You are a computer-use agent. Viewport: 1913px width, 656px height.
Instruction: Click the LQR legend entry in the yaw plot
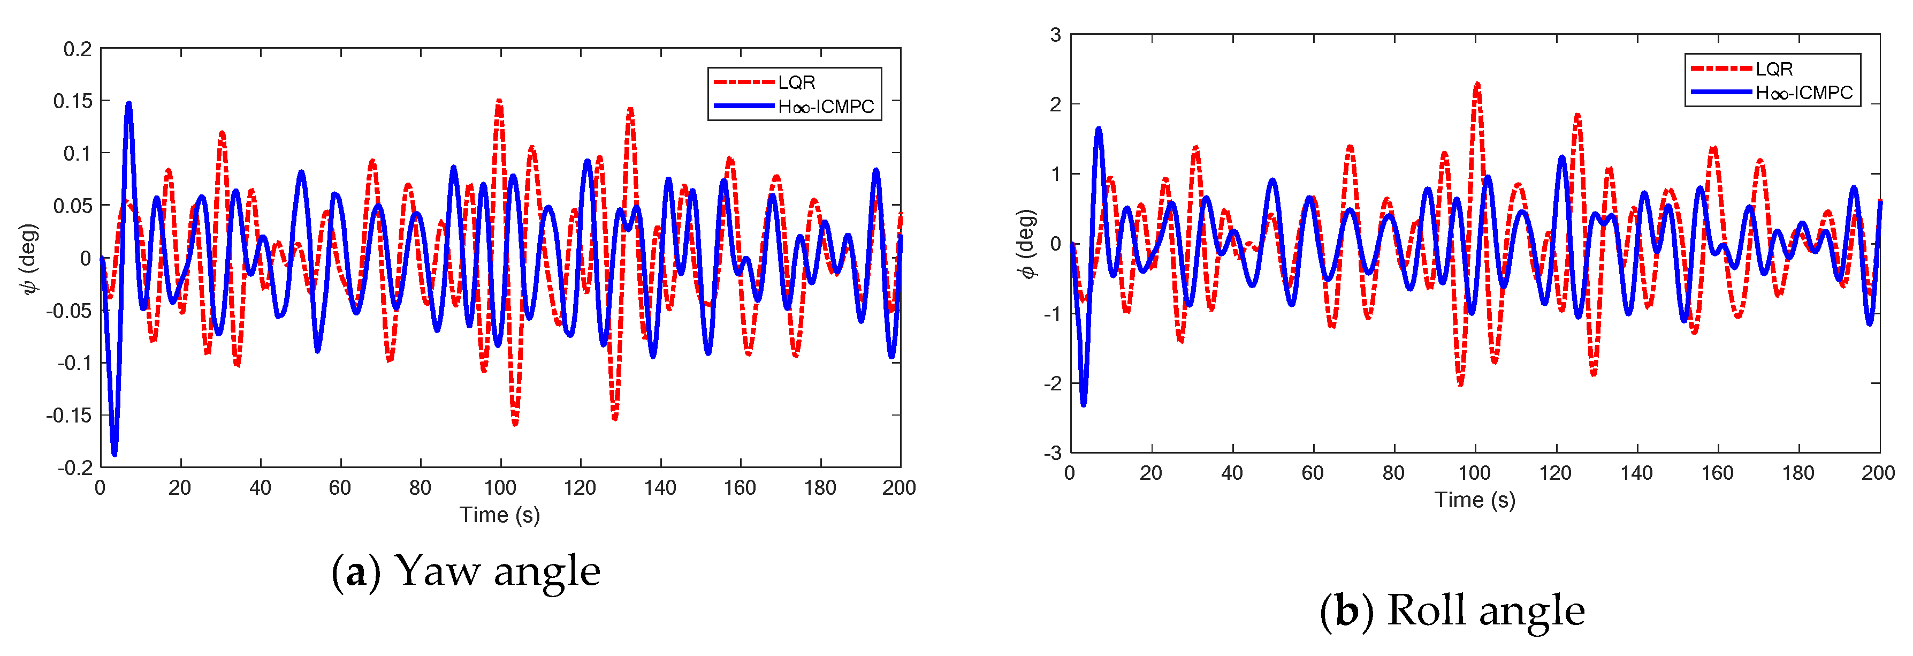796,82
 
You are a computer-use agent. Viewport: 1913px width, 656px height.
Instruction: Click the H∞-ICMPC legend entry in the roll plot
1804,93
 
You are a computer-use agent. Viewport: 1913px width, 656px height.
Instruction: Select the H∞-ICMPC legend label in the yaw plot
826,107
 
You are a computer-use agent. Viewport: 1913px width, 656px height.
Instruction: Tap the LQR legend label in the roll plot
1774,69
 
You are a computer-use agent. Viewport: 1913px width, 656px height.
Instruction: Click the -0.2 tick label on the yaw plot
75,468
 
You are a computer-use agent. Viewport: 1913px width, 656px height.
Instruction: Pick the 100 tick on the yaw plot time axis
500,488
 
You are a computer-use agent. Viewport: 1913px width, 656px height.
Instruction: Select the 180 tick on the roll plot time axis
1797,473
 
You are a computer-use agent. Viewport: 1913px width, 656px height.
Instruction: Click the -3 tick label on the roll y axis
1053,453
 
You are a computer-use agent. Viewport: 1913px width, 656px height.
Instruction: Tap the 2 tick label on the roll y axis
1055,105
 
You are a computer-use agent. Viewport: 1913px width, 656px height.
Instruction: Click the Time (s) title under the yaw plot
500,515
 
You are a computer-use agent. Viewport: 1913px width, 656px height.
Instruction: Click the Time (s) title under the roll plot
1474,500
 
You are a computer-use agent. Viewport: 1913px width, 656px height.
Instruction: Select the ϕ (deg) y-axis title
1027,244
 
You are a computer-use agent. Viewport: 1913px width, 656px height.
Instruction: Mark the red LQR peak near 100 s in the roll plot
1477,84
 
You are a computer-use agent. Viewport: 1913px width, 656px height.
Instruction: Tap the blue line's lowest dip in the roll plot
1083,403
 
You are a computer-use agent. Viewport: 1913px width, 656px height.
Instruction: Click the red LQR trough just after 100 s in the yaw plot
515,424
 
